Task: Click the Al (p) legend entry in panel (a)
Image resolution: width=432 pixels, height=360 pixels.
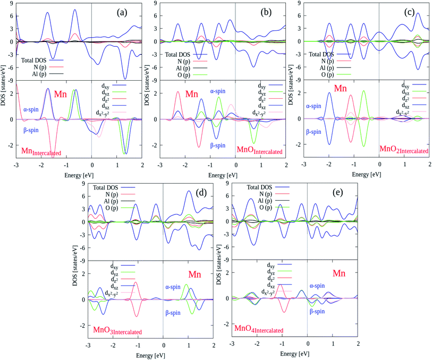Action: (42, 71)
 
